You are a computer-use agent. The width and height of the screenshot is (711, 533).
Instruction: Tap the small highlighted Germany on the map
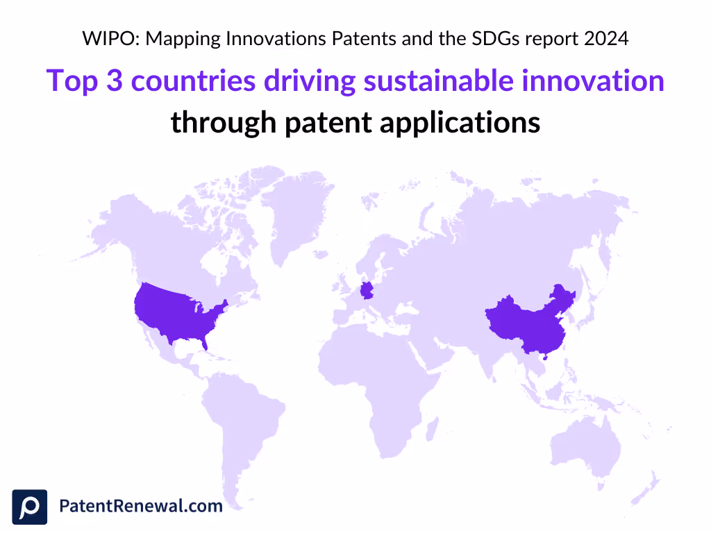pyautogui.click(x=365, y=289)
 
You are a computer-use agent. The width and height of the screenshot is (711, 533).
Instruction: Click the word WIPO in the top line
pyautogui.click(x=103, y=39)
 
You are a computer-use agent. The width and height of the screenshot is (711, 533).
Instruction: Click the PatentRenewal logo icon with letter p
pyautogui.click(x=30, y=507)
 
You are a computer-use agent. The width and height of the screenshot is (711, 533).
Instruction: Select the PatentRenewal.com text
pyautogui.click(x=141, y=506)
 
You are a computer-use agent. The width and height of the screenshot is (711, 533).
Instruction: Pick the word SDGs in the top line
pyautogui.click(x=496, y=39)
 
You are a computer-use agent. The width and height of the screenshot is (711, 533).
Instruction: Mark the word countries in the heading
pyautogui.click(x=194, y=82)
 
